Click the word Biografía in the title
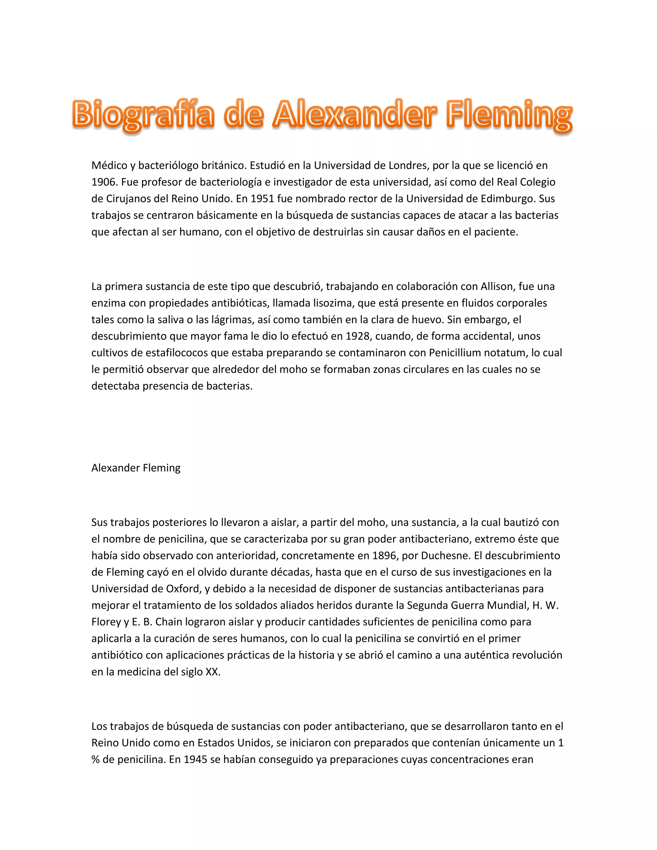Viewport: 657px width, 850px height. [143, 115]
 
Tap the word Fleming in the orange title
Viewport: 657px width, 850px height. [509, 115]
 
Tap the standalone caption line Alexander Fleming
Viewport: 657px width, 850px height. [136, 468]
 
